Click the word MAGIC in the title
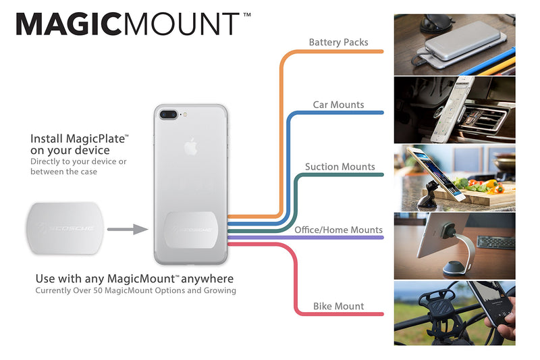pyautogui.click(x=68, y=24)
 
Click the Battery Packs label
pyautogui.click(x=339, y=43)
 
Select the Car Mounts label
pyautogui.click(x=339, y=105)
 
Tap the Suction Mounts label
pyautogui.click(x=340, y=167)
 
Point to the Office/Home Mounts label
pyautogui.click(x=339, y=230)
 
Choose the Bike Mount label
pyautogui.click(x=339, y=306)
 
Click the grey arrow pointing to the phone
pyautogui.click(x=128, y=229)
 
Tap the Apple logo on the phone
pyautogui.click(x=190, y=147)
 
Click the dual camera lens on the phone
pyautogui.click(x=168, y=114)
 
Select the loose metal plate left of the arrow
pyautogui.click(x=64, y=228)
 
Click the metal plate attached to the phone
pyautogui.click(x=190, y=230)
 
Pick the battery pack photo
pyautogui.click(x=454, y=45)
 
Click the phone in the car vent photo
pyautogui.click(x=451, y=110)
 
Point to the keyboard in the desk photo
pyautogui.click(x=496, y=242)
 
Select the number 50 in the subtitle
pyautogui.click(x=98, y=290)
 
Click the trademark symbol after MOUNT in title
pyautogui.click(x=247, y=15)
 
